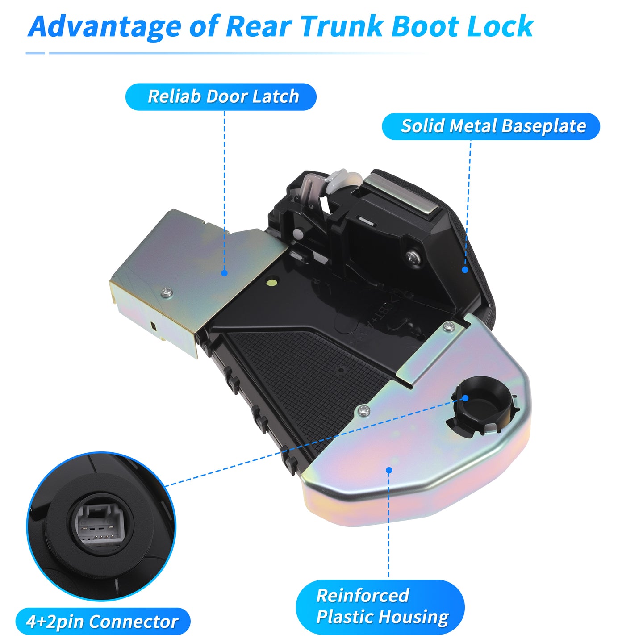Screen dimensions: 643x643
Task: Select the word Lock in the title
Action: click(x=501, y=26)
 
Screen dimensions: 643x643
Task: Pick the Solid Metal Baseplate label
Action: click(x=491, y=126)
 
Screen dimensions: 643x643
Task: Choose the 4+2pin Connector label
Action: click(x=103, y=621)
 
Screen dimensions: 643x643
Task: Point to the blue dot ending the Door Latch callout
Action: click(x=225, y=273)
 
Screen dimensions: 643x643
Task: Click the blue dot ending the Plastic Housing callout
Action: click(x=389, y=470)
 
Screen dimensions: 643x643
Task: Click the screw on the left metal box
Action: click(x=167, y=292)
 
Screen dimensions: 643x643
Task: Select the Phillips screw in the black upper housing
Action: click(x=414, y=256)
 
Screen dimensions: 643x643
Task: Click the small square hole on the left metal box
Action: click(x=153, y=326)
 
